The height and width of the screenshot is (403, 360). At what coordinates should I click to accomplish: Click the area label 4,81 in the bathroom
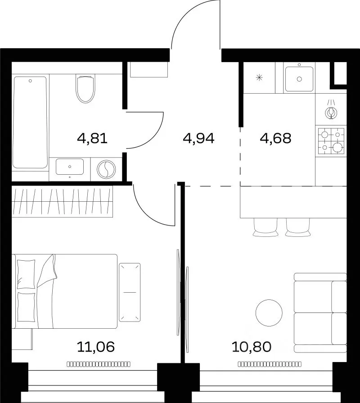click(92, 139)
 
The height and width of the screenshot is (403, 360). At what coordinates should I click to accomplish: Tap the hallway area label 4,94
click(198, 139)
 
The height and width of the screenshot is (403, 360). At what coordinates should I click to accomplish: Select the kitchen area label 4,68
click(275, 138)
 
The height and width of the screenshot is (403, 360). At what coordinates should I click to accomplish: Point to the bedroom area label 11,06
click(95, 347)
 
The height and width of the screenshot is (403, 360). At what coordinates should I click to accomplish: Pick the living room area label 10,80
click(252, 347)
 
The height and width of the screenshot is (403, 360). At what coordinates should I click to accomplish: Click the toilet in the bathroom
click(85, 88)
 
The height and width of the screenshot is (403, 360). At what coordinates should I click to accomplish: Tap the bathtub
click(30, 122)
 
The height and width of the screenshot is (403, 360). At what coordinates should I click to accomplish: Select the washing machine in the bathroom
click(106, 169)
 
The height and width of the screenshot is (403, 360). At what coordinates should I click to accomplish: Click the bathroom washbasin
click(70, 167)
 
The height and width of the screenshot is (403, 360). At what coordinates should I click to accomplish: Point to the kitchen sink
click(299, 79)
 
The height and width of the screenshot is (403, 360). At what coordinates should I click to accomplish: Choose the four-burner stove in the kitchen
click(331, 141)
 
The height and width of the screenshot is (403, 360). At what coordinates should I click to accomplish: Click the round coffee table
click(269, 313)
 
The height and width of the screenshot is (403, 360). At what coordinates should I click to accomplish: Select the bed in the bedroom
click(65, 291)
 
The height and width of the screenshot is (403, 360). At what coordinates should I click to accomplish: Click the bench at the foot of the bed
click(130, 292)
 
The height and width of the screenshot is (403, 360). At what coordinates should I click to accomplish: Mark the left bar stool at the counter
click(265, 227)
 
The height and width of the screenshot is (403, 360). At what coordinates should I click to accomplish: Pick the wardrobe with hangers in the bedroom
click(63, 202)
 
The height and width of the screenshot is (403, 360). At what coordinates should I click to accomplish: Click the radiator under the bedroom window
click(99, 364)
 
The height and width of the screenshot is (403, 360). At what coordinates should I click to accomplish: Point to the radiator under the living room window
click(270, 364)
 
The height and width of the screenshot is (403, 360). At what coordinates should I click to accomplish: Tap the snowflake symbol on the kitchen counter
click(259, 77)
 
